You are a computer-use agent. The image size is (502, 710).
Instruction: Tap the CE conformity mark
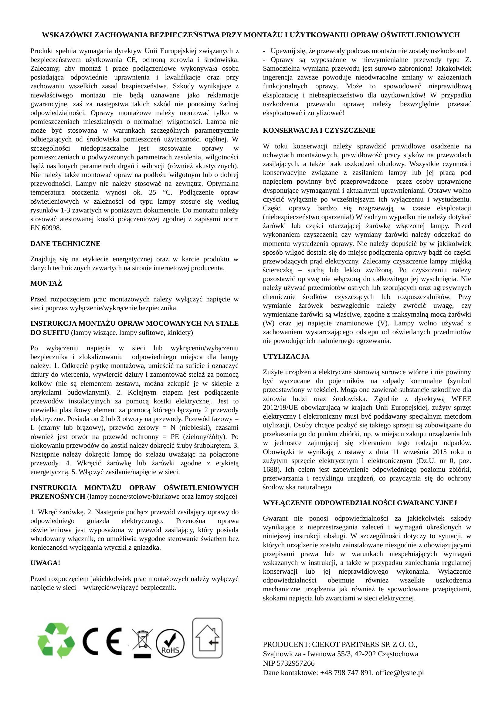click(x=102, y=641)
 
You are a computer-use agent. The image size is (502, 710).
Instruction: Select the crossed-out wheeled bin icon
click(x=142, y=641)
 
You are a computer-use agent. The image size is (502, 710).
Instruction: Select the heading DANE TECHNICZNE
click(x=65, y=244)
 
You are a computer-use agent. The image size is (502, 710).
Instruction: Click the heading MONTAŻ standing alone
click(x=46, y=283)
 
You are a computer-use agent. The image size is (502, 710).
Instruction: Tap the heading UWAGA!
click(x=45, y=563)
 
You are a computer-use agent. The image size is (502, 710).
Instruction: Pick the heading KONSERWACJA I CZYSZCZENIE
click(x=319, y=131)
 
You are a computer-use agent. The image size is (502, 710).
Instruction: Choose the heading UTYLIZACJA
click(x=286, y=357)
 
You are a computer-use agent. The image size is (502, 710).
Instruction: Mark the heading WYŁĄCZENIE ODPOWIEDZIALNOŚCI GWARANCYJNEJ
click(x=360, y=503)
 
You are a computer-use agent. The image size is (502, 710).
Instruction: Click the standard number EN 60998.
click(x=46, y=228)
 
